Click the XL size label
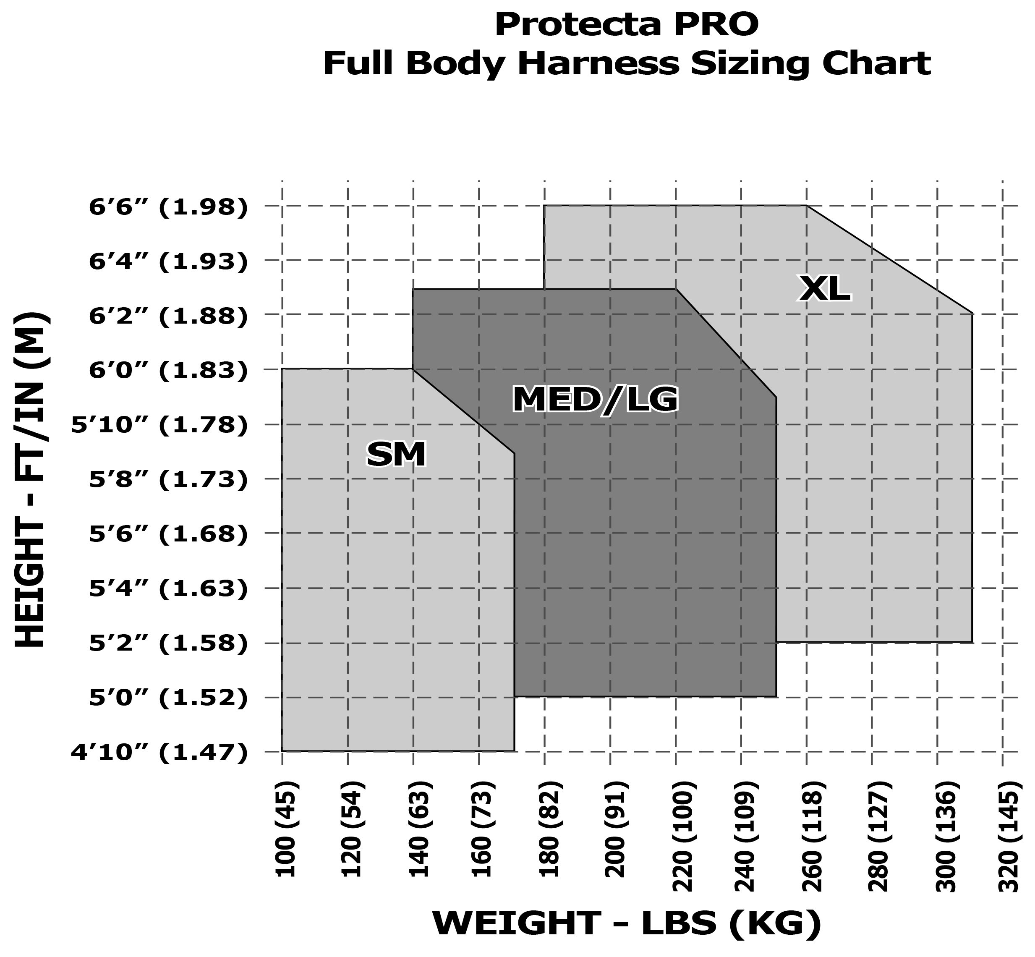[825, 289]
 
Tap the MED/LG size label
[596, 400]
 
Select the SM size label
[396, 455]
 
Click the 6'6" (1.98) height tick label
[169, 207]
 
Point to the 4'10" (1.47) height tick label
[159, 752]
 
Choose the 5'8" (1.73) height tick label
[169, 479]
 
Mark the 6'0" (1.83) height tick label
[169, 371]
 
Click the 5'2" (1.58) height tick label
[169, 643]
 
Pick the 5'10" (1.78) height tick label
[159, 425]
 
